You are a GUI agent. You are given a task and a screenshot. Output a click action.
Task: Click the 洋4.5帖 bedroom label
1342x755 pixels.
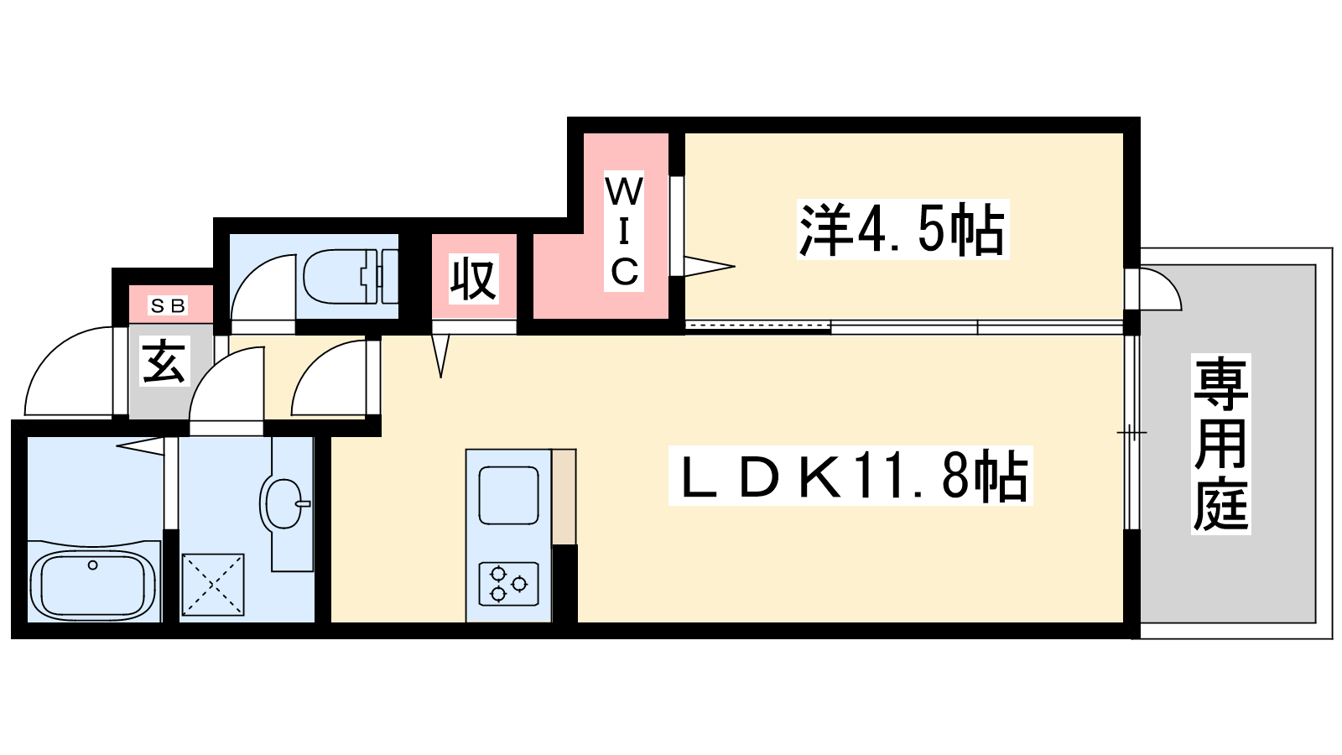[902, 229]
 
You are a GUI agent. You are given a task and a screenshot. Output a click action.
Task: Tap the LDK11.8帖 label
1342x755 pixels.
[851, 476]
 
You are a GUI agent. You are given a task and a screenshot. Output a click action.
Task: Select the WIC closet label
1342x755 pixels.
[623, 232]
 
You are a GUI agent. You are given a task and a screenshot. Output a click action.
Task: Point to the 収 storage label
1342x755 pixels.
[473, 279]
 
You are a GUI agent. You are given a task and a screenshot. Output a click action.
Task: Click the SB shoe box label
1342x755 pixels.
[168, 306]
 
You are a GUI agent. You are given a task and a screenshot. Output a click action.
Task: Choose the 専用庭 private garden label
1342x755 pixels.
[1221, 444]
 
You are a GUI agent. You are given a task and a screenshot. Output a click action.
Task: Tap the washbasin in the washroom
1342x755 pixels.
[284, 502]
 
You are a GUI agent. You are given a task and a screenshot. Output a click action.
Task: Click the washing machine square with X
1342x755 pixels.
[213, 584]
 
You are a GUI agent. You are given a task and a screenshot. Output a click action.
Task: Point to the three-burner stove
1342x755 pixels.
[508, 584]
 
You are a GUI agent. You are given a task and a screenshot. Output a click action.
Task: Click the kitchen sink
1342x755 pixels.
[508, 495]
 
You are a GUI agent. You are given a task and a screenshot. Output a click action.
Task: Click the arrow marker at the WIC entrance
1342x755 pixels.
[709, 267]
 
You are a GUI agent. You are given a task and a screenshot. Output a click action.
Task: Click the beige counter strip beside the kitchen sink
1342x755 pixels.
[564, 497]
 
